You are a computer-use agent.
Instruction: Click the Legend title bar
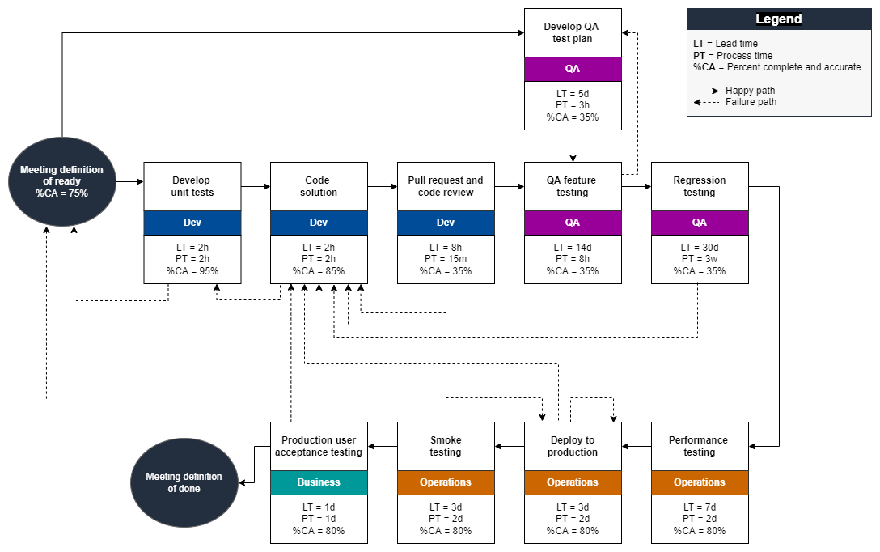pos(779,19)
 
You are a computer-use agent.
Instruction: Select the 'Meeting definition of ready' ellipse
pos(61,181)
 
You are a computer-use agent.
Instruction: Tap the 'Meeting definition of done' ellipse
pos(184,482)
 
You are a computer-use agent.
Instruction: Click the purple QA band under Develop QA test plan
pos(573,69)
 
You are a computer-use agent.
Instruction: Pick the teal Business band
pos(319,482)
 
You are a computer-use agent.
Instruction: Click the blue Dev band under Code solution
pos(319,223)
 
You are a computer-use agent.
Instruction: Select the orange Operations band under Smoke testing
pos(446,482)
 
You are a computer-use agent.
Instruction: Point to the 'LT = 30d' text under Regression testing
pos(700,247)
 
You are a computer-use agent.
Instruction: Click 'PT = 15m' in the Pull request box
pos(446,259)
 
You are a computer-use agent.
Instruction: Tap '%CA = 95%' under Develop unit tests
pos(192,271)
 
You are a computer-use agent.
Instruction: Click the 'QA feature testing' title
pos(573,186)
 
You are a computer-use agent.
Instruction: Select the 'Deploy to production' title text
pos(573,446)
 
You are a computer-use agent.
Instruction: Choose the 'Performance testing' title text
pos(700,446)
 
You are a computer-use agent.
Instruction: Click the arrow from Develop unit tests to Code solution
pos(256,186)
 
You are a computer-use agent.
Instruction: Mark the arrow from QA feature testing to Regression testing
pos(637,186)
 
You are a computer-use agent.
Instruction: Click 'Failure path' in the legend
pos(751,102)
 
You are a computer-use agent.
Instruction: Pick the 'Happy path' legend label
pos(750,91)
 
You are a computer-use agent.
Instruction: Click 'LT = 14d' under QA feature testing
pos(573,247)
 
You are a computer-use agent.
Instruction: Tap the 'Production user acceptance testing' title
pos(319,446)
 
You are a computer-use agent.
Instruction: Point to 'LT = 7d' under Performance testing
pos(700,507)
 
